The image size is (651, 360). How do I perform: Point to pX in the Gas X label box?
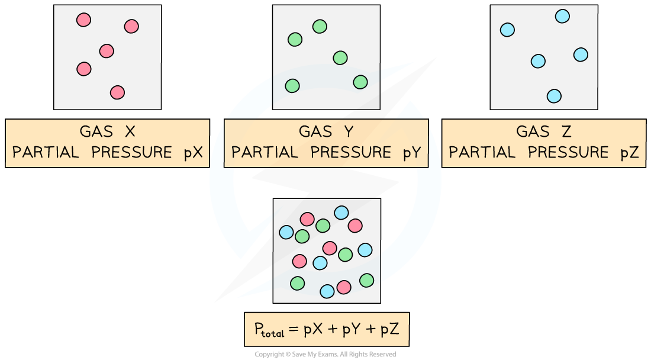pos(193,153)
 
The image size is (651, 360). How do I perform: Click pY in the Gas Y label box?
pos(411,153)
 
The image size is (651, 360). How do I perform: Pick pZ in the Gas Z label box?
pos(629,153)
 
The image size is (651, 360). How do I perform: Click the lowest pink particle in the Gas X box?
pos(117,92)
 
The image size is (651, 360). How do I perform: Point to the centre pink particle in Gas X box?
pos(107,51)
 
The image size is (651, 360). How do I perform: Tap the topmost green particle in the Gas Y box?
pos(320,26)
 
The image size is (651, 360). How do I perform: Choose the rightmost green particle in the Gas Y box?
pos(360,82)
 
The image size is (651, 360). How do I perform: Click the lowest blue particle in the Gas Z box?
pos(554,95)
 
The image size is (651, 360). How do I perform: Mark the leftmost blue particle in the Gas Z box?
pos(507,30)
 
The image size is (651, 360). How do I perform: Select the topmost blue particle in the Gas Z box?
pos(562,17)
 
